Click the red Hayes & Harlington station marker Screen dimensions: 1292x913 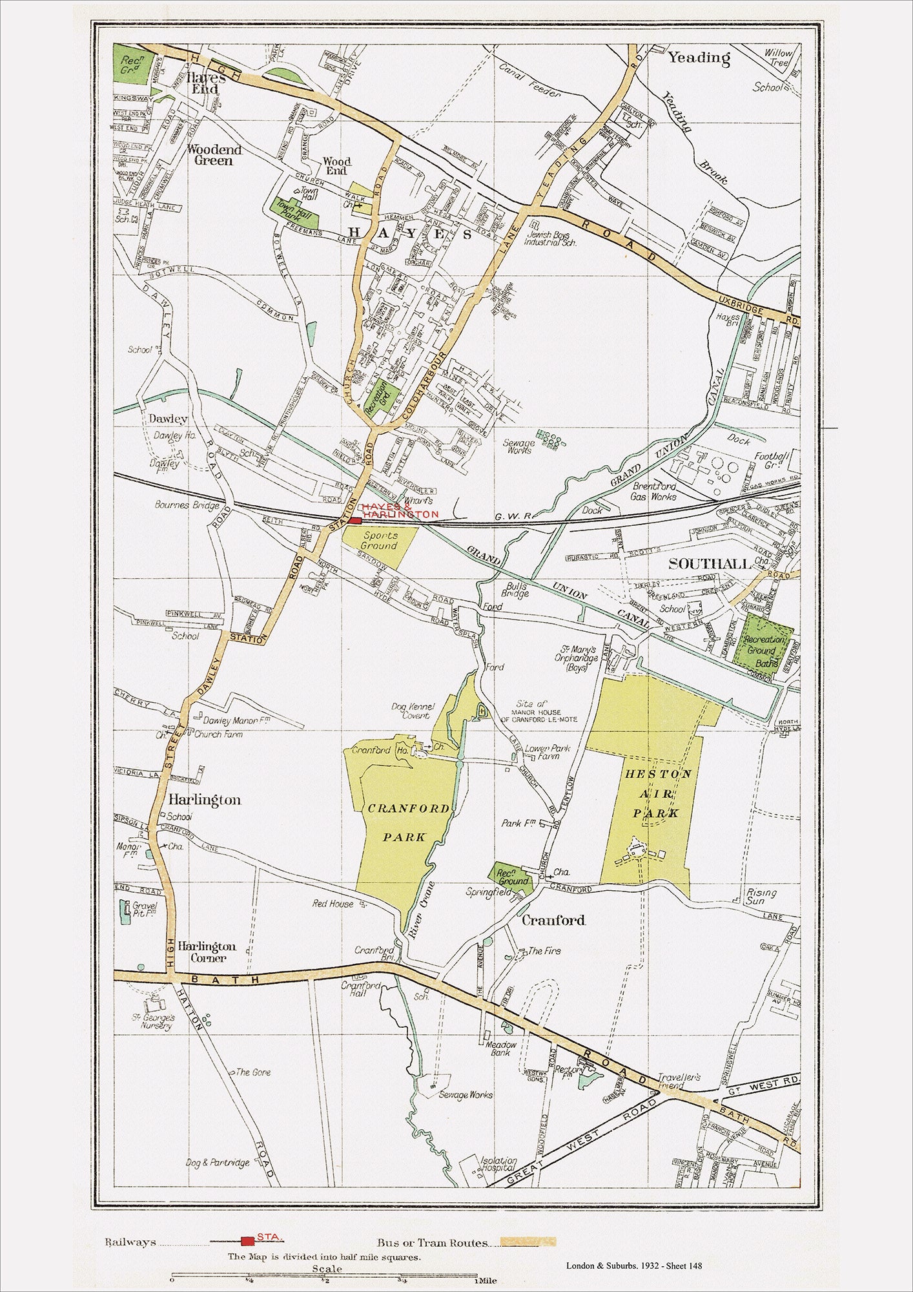(356, 520)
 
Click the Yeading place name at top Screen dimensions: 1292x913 (699, 58)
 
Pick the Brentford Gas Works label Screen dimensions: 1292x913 (654, 491)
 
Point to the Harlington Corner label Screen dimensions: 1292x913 (207, 952)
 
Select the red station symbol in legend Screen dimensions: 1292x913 (247, 1241)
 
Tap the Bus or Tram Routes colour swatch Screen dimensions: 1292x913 (529, 1242)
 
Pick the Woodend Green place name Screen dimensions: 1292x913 (214, 154)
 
